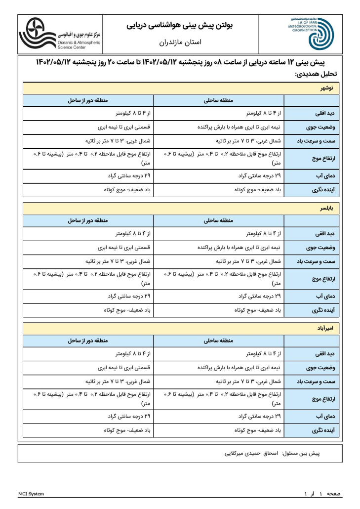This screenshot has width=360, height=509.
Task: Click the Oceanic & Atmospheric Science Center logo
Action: pyautogui.click(x=59, y=34)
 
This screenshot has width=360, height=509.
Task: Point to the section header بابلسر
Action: pyautogui.click(x=325, y=209)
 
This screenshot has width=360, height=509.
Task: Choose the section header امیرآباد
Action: pyautogui.click(x=324, y=329)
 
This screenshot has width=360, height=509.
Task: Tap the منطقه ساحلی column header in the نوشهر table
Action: pyautogui.click(x=219, y=101)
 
